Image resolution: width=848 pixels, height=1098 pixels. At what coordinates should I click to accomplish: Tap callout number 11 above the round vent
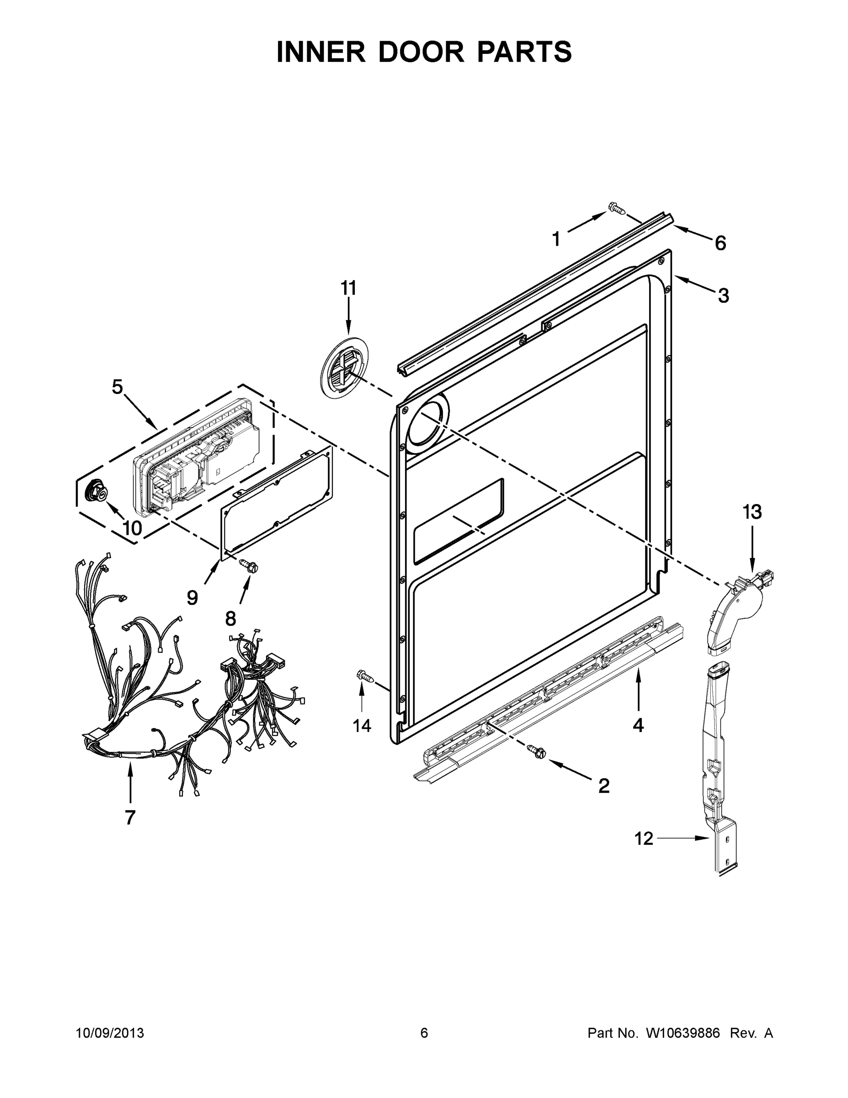348,288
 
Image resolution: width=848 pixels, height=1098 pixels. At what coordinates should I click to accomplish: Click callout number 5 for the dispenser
117,387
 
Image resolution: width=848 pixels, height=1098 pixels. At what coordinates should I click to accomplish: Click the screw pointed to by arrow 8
249,565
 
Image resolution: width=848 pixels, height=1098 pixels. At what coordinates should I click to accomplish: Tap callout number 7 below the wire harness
130,818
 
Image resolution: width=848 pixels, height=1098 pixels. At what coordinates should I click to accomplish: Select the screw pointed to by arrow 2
535,764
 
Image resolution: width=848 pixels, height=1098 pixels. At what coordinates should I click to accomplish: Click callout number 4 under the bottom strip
638,725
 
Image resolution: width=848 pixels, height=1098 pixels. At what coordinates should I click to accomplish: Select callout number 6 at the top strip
720,243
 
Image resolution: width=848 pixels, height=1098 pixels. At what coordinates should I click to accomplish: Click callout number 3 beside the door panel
723,296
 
